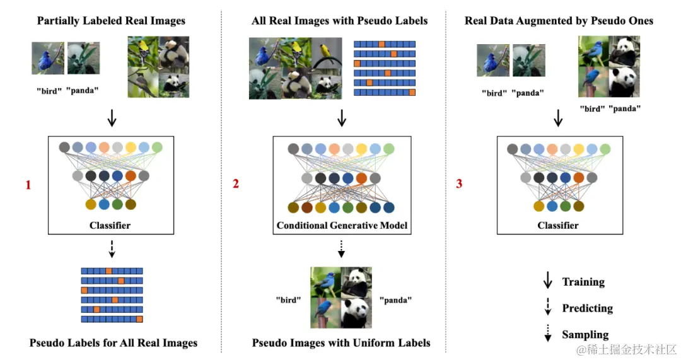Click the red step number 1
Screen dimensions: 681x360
pos(28,185)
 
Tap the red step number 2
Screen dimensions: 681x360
pos(236,184)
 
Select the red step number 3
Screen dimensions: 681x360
pos(459,184)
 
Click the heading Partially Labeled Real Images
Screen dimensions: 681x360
pos(111,21)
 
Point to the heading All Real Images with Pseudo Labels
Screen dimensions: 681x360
pos(339,21)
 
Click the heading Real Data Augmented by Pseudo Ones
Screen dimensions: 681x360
pos(559,21)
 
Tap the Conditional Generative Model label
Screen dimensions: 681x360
pos(342,225)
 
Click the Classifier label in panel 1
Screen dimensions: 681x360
pos(110,225)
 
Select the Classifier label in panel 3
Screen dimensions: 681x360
pos(557,225)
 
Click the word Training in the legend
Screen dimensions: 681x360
pos(583,282)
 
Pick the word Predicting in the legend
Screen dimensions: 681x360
pos(587,308)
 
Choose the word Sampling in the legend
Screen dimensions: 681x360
pos(585,335)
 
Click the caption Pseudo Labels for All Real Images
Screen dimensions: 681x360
pos(113,343)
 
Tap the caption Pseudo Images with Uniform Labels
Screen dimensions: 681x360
pos(341,343)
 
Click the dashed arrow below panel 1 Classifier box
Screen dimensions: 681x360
pos(112,250)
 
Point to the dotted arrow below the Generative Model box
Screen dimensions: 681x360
pos(341,250)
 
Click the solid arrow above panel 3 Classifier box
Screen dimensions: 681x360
pos(558,118)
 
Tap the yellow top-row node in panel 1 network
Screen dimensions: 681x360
pos(131,148)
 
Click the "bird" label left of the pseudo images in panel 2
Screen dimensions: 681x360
pos(288,300)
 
